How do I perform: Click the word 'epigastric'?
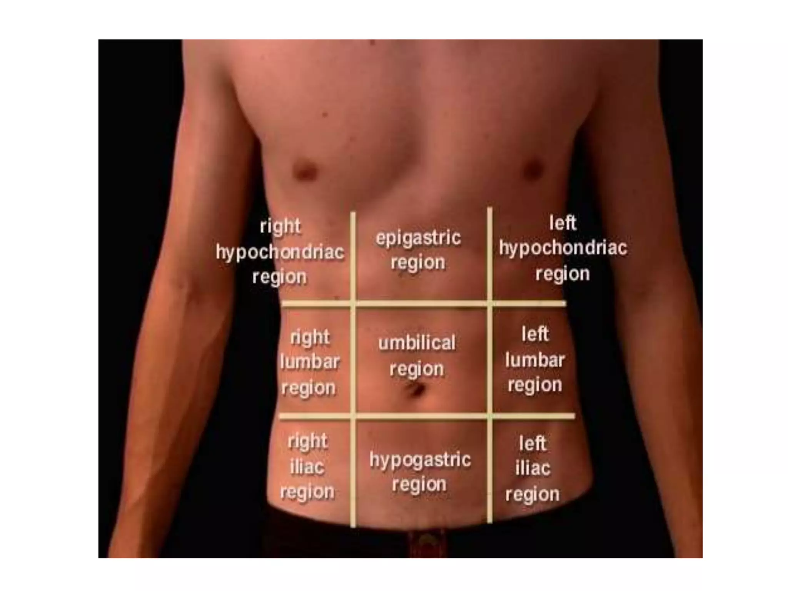[x=418, y=238]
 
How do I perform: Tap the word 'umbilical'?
[x=417, y=343]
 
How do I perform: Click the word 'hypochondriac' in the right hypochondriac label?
[x=280, y=253]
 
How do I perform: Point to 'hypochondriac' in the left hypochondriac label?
[x=563, y=248]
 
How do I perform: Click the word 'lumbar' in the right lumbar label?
[x=310, y=362]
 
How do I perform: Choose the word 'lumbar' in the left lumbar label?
[x=535, y=360]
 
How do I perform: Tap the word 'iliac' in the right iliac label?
[x=307, y=467]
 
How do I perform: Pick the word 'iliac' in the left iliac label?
[x=533, y=468]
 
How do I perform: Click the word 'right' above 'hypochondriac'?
[x=280, y=226]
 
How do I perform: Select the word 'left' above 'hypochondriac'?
[x=563, y=223]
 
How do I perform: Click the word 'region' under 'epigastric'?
[x=418, y=263]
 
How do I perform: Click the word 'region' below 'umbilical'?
[x=417, y=369]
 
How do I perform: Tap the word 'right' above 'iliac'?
[x=307, y=441]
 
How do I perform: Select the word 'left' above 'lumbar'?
[x=535, y=334]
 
